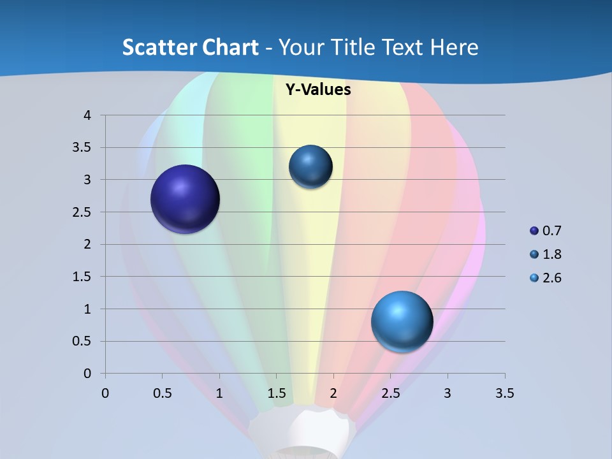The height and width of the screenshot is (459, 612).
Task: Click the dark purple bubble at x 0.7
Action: [x=186, y=199]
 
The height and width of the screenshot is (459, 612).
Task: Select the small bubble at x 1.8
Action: [x=310, y=166]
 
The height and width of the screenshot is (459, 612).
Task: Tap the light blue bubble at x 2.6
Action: [x=402, y=321]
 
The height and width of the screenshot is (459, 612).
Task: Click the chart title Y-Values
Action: [x=318, y=90]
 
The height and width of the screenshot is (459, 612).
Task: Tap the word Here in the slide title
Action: [x=455, y=47]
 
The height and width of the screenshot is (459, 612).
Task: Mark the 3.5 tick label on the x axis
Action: [x=505, y=393]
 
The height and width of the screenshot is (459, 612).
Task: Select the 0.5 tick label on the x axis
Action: [x=162, y=393]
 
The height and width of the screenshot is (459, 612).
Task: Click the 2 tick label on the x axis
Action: [x=333, y=393]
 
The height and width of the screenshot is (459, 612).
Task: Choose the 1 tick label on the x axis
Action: [x=219, y=393]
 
